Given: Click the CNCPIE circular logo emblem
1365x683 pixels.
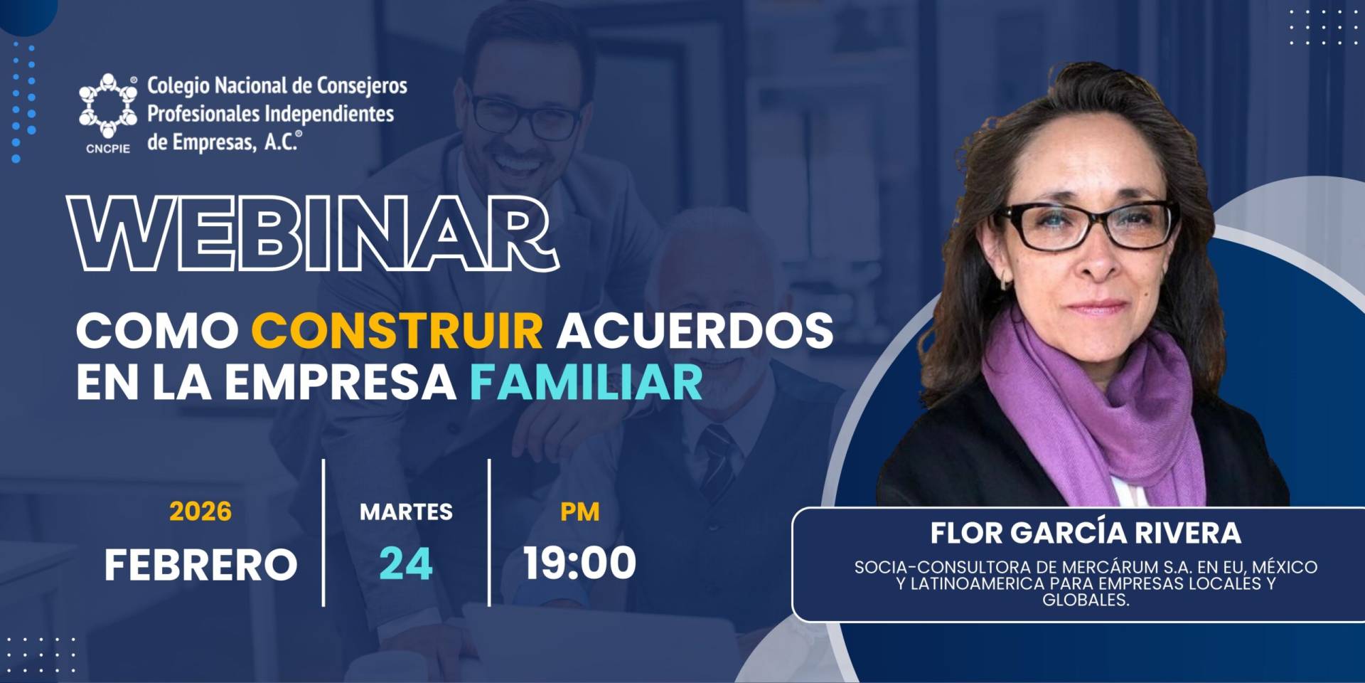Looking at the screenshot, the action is (108, 106).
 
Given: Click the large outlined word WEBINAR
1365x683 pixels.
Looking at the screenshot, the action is (313, 233).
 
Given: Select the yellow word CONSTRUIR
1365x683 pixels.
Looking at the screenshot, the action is (397, 331).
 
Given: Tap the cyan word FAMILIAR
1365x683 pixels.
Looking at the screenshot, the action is (586, 383).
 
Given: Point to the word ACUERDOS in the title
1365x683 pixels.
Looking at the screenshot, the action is (695, 331).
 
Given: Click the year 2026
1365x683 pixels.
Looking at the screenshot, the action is (200, 512).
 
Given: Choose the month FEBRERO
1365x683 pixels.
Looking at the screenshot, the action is (200, 565).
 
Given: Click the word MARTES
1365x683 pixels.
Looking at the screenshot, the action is (406, 512).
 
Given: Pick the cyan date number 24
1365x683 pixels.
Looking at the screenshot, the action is (406, 564).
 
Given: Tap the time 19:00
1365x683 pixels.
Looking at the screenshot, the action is (579, 563).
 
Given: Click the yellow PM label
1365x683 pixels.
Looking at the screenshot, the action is (579, 512).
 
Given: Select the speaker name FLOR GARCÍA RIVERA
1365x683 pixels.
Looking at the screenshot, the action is (1086, 533).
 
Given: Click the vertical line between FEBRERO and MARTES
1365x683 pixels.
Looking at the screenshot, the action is (323, 532).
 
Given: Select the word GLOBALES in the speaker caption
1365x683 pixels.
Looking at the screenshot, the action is (1086, 600).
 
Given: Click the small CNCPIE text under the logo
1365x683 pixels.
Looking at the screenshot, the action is (108, 149).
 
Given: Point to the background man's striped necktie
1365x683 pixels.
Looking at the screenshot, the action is (718, 462).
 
